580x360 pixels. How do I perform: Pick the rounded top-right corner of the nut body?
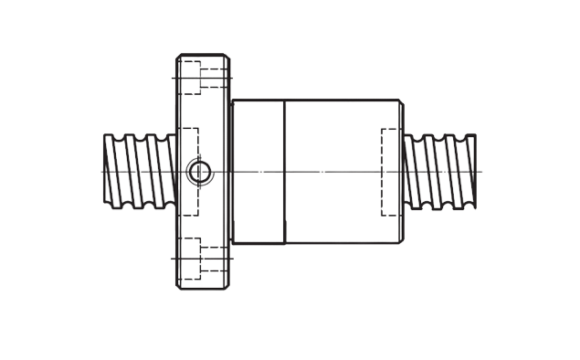[x=402, y=102]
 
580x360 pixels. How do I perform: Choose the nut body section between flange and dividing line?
[x=259, y=137]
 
